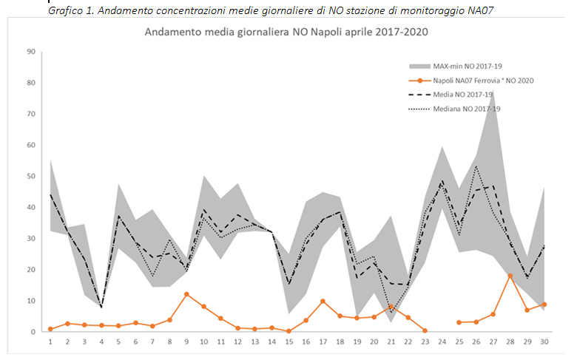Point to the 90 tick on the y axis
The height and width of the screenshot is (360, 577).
coord(31,52)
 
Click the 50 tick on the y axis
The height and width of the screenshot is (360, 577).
coord(31,176)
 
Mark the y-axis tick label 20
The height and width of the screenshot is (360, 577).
coord(31,270)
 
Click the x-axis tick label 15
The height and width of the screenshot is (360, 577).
coord(288,342)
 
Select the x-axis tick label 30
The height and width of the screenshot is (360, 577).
coord(544,342)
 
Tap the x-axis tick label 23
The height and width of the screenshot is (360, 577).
coord(425,342)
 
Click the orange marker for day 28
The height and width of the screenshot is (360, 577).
coord(510,276)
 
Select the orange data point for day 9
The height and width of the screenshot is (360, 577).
coord(186,294)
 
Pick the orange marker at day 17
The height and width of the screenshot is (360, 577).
coord(323,301)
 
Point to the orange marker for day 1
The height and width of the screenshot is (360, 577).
coord(50,329)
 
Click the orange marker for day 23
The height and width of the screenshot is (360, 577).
coord(425,330)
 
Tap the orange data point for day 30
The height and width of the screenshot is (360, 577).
coord(544,305)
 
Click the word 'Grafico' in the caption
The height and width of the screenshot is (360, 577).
coord(65,10)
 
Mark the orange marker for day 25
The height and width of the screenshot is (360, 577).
coord(459,322)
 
